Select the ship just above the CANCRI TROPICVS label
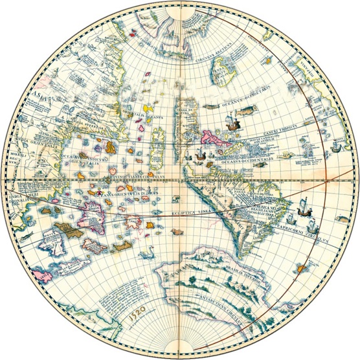[229, 120]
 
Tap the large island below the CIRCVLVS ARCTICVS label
[228, 71]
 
